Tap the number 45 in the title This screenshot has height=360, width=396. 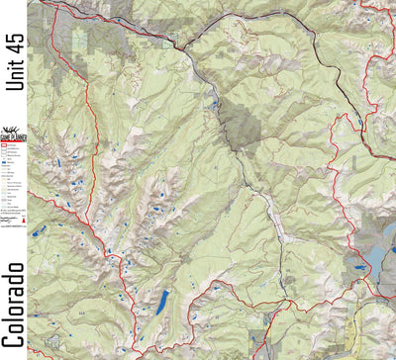click(x=14, y=39)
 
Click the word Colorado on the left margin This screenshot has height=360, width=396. click(x=14, y=306)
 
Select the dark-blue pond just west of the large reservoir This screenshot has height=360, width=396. click(x=350, y=265)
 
